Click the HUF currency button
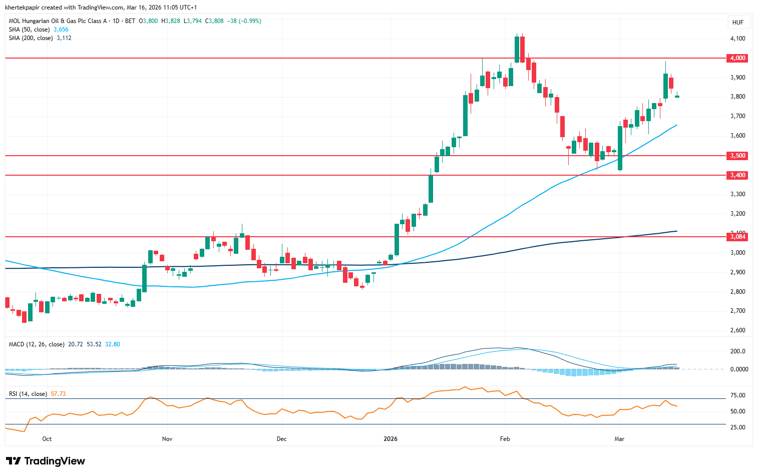pos(737,23)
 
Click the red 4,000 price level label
pos(737,58)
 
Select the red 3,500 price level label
pos(737,156)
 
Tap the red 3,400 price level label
pos(737,175)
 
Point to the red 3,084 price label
pos(737,237)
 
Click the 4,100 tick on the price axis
pos(737,39)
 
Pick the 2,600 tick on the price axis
pos(737,330)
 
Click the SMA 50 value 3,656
pos(61,30)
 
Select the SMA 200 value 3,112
pos(64,38)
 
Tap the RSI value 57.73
pos(58,394)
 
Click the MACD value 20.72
pos(75,344)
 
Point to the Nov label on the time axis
pos(167,439)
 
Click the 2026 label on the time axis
pos(391,439)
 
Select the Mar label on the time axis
pos(619,439)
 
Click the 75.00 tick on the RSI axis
pos(737,395)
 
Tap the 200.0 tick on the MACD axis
pos(737,351)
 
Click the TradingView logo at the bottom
pos(46,461)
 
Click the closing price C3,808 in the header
pos(215,21)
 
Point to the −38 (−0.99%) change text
pos(244,21)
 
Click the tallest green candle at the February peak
pos(517,49)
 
